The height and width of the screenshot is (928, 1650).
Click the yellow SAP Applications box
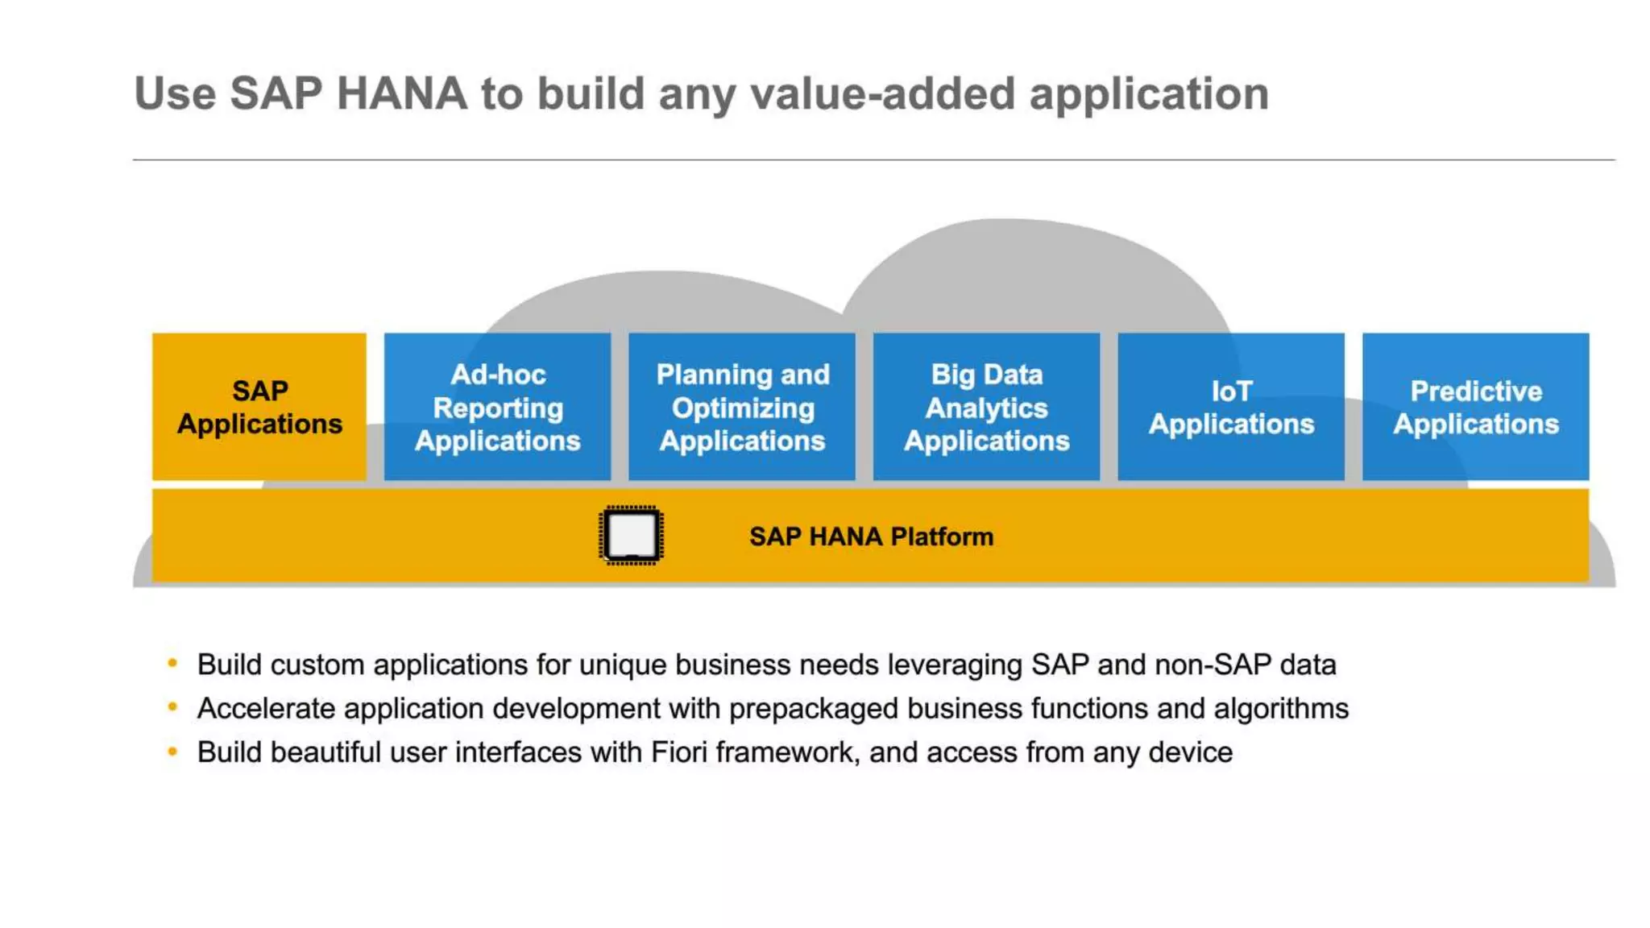click(259, 406)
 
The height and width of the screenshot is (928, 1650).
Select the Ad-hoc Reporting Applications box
click(497, 406)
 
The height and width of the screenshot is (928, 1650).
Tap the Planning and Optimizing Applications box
click(741, 406)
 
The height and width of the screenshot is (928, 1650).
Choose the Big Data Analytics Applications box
click(986, 406)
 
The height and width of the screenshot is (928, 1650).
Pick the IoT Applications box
click(1230, 406)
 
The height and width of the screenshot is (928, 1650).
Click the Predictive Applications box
click(1475, 406)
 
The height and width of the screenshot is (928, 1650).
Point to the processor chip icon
click(631, 535)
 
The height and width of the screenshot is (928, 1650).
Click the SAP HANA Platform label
click(871, 536)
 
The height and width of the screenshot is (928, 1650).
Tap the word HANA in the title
click(401, 93)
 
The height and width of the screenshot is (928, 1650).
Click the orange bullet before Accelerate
click(172, 707)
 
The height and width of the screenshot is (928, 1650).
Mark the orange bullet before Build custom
click(172, 663)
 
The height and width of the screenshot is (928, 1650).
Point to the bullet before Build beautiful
click(172, 751)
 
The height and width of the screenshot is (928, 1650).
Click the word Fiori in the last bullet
click(679, 752)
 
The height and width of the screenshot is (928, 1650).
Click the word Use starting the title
click(175, 93)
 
